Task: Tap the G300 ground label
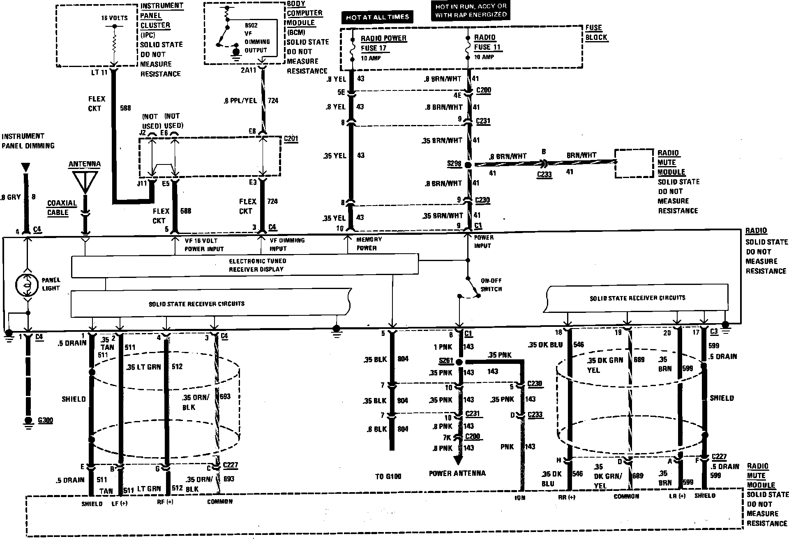click(45, 421)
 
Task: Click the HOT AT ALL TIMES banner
click(377, 17)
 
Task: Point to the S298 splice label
click(454, 164)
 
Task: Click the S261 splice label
click(446, 361)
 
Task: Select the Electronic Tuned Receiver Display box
click(245, 265)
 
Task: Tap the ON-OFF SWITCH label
click(491, 285)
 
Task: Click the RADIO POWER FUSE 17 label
click(383, 43)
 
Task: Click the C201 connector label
click(291, 139)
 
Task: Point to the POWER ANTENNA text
click(457, 473)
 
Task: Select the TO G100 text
click(388, 477)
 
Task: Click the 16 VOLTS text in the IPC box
click(114, 18)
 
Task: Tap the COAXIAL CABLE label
click(62, 208)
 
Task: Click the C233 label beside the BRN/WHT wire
click(544, 174)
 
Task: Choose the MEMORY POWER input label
click(369, 243)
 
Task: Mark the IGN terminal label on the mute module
click(520, 498)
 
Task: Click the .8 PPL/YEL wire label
click(240, 100)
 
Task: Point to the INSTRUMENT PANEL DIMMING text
click(28, 141)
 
